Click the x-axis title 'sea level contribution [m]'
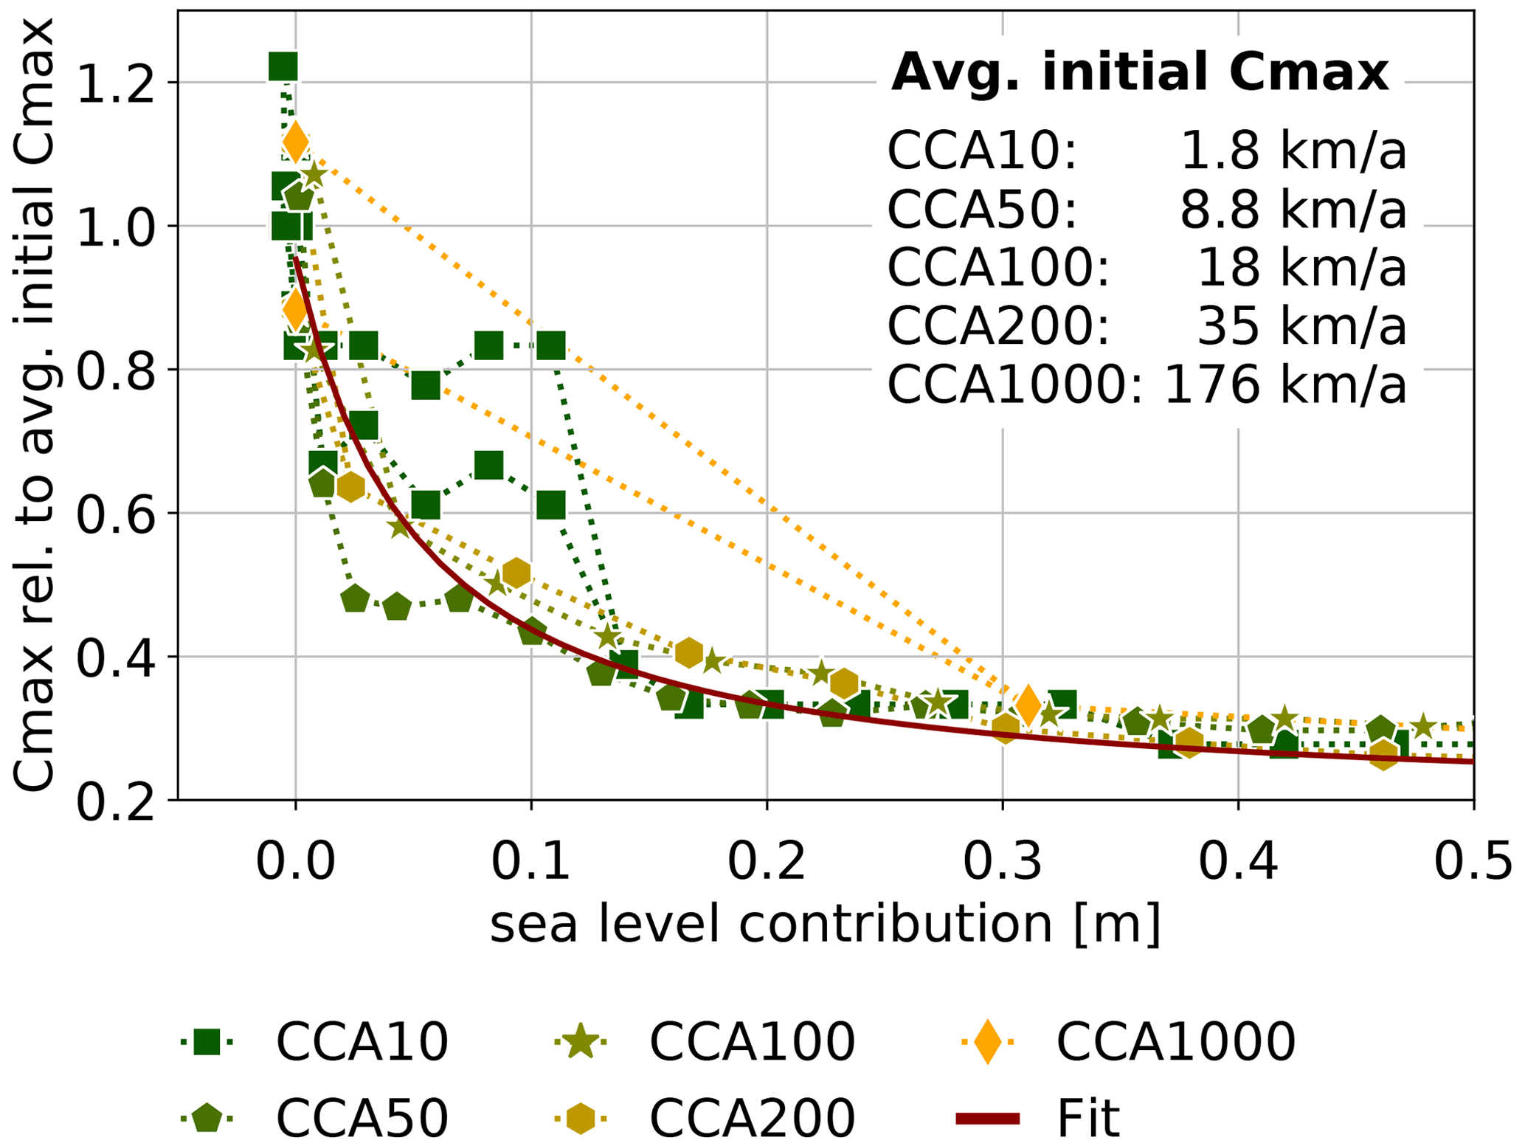[826, 924]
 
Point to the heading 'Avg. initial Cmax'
[1140, 72]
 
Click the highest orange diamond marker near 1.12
[296, 141]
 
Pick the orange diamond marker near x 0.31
[1028, 704]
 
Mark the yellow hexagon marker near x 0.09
[516, 573]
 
